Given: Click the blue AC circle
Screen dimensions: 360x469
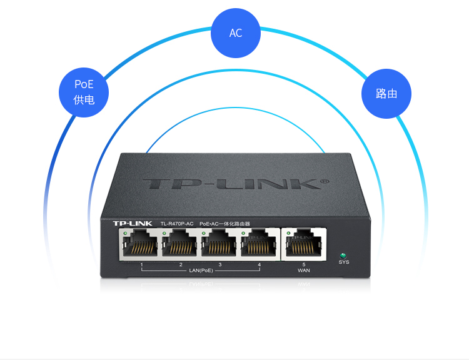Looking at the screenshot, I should (236, 33).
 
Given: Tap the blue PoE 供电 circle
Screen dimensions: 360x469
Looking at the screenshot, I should (84, 92).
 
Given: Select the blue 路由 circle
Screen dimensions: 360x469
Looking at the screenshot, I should (386, 93).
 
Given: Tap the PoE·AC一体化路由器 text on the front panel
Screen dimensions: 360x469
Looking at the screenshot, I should (224, 223).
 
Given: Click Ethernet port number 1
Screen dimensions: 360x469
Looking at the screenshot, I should (141, 243).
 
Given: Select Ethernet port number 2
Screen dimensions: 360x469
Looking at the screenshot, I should (181, 243).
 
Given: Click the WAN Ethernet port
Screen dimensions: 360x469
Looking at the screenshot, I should (304, 243).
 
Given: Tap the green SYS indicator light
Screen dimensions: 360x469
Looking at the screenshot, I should (343, 256).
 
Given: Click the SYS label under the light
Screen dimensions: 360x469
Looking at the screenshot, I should (344, 262).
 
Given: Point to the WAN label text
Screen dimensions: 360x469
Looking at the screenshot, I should (304, 271).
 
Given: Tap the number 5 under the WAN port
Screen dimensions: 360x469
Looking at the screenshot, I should (304, 265).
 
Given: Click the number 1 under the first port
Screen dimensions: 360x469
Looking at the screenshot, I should (142, 266).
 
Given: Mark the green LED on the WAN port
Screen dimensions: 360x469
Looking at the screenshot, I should (289, 234).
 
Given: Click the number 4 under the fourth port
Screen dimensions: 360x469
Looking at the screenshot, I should (259, 266).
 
